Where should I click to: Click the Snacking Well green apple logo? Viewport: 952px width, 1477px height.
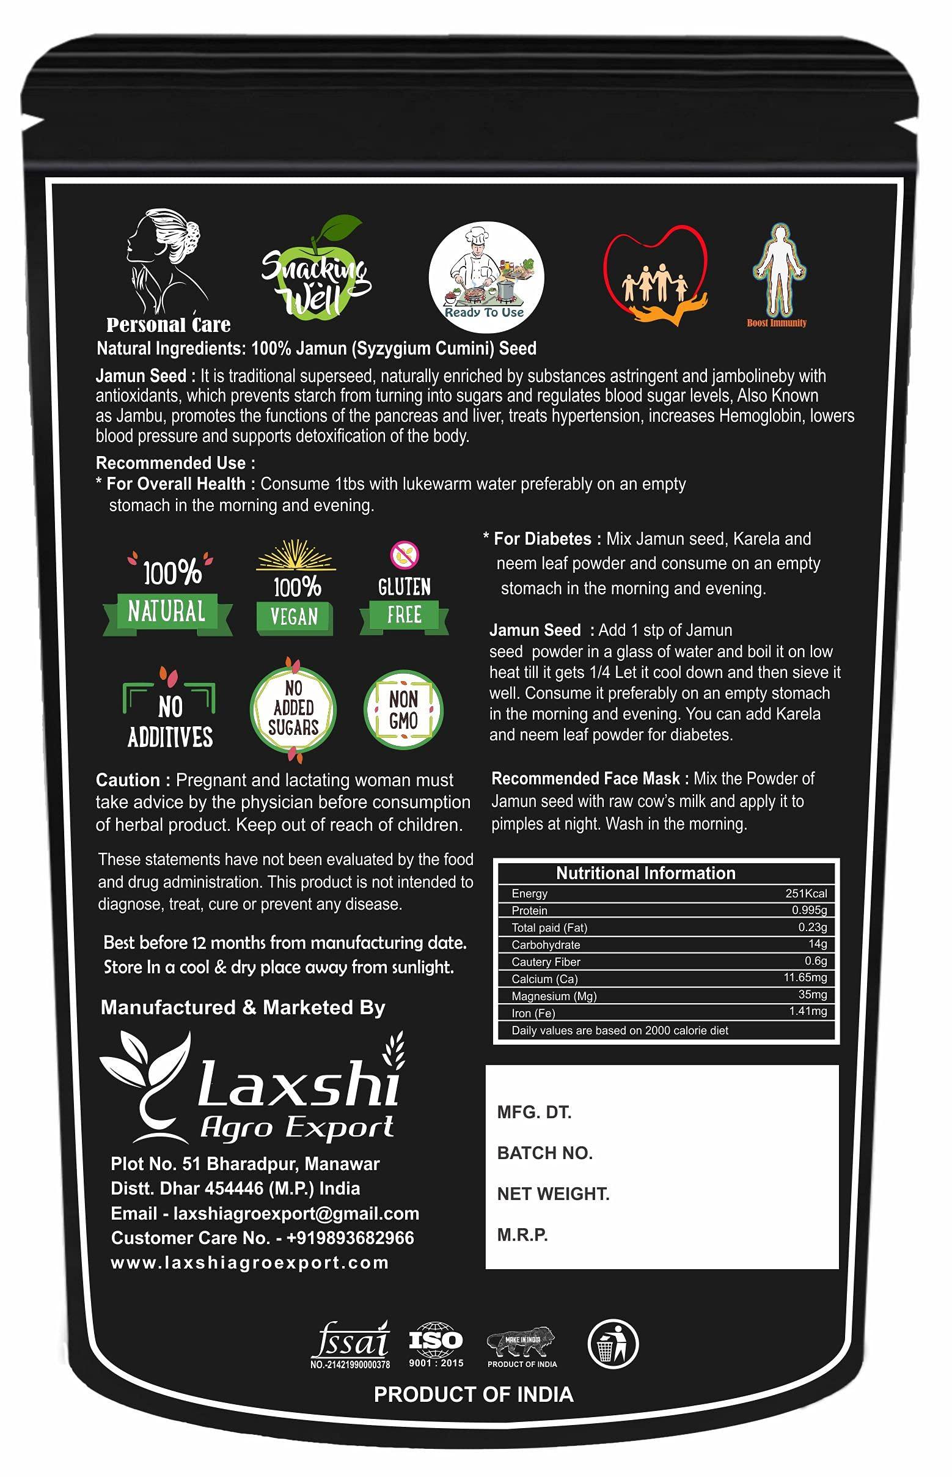314,271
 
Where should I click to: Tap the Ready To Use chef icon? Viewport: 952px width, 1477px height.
486,277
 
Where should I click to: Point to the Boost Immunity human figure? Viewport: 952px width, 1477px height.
778,270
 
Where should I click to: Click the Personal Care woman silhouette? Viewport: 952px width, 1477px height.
166,262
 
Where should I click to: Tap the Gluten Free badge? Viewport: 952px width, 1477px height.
405,591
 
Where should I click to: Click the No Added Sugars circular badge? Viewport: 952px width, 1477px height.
293,709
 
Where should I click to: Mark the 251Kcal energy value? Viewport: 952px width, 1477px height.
805,893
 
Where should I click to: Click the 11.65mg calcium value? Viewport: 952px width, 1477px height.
805,978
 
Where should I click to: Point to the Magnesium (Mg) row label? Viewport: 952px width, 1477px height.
554,996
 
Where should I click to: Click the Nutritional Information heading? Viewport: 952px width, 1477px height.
645,873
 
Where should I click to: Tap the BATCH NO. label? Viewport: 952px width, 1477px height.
544,1153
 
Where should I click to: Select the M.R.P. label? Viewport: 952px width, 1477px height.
522,1234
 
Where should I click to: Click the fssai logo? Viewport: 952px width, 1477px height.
351,1343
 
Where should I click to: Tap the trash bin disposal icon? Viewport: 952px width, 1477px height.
613,1343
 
